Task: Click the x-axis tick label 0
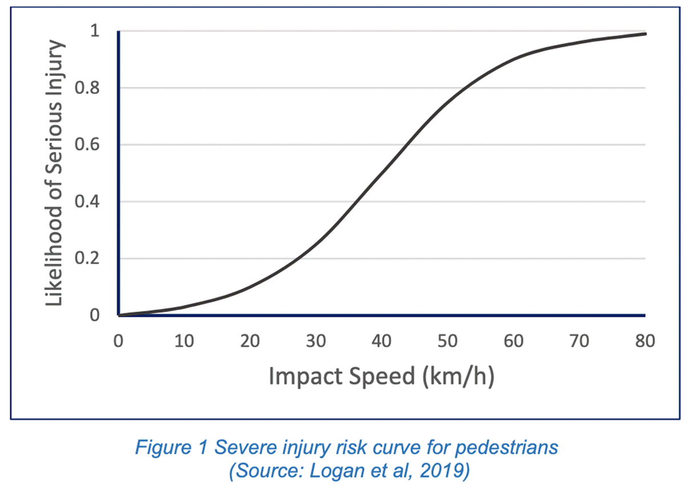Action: coord(118,342)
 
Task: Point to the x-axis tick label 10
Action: coord(184,342)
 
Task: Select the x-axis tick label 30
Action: coord(316,342)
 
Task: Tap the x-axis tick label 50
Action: coord(448,342)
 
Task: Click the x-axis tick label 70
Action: coord(579,342)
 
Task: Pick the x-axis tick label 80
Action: coord(645,342)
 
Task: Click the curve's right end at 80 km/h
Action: coord(645,34)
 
